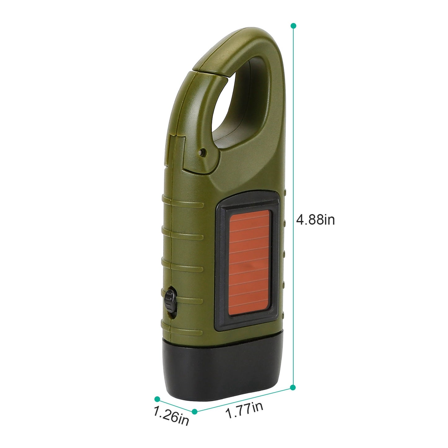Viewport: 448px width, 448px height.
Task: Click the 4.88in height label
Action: [x=316, y=220]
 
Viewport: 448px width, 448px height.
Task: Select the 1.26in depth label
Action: [x=171, y=417]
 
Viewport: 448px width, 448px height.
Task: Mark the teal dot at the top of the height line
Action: [x=293, y=25]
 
